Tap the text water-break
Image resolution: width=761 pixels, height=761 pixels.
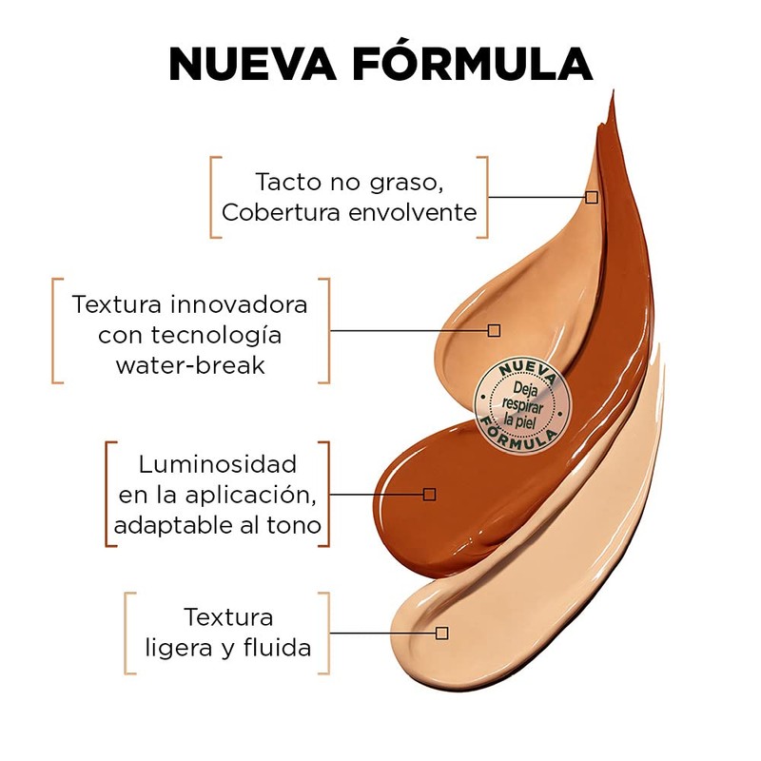[190, 365]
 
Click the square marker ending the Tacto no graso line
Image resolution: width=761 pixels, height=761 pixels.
[592, 197]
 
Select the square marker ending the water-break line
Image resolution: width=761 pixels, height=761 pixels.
[494, 330]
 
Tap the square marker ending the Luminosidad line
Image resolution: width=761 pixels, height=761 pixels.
[429, 494]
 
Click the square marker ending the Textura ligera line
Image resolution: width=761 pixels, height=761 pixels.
[441, 633]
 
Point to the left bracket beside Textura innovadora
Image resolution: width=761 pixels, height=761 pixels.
[56, 330]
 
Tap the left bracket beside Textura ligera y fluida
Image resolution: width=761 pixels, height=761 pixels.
[129, 633]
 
